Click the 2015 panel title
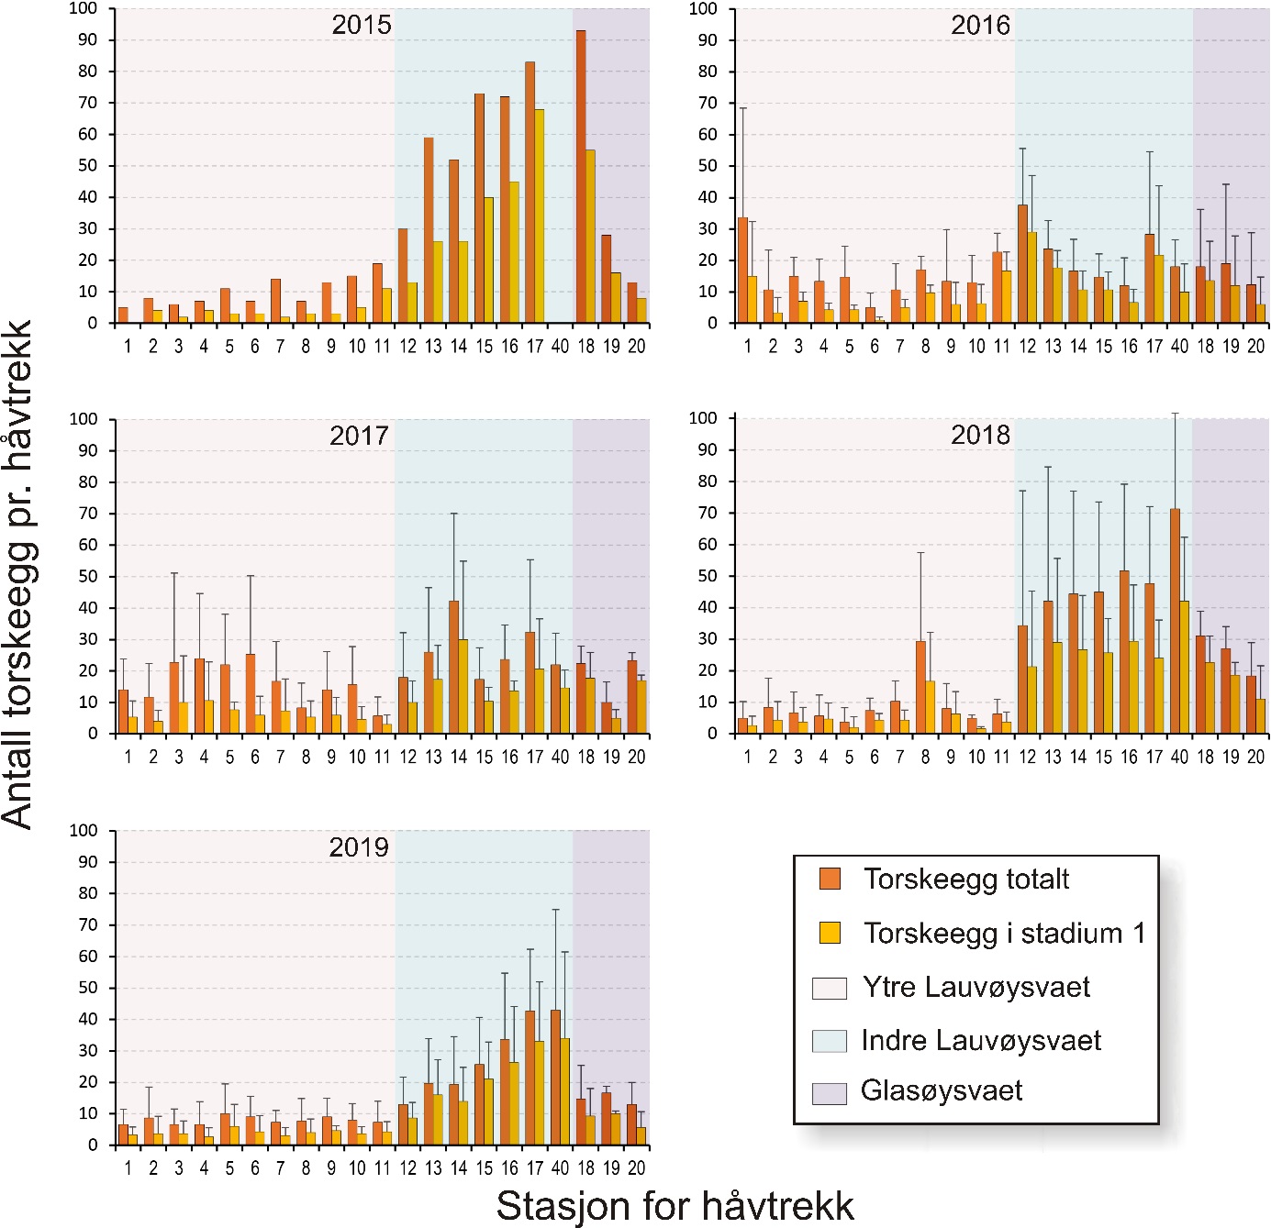362,25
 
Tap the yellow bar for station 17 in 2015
540,216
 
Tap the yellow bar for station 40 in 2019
564,1091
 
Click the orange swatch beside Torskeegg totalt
830,879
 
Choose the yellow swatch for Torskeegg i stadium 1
830,933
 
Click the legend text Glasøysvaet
942,1090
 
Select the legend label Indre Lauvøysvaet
981,1040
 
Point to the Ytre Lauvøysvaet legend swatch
829,988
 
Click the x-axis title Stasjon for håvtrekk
675,1205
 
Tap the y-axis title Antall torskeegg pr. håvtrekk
18,574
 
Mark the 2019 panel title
359,846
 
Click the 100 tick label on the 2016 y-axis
703,8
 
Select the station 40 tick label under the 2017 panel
560,758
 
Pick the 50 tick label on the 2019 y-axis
87,988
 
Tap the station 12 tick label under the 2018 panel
1027,758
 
